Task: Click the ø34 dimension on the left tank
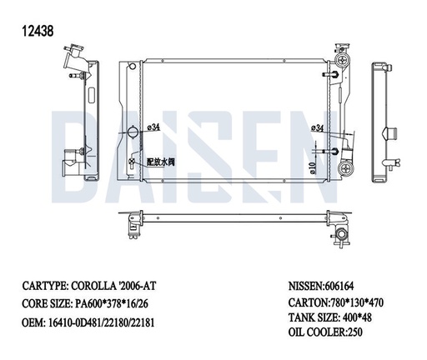(x=153, y=127)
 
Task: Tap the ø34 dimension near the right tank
(x=317, y=127)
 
